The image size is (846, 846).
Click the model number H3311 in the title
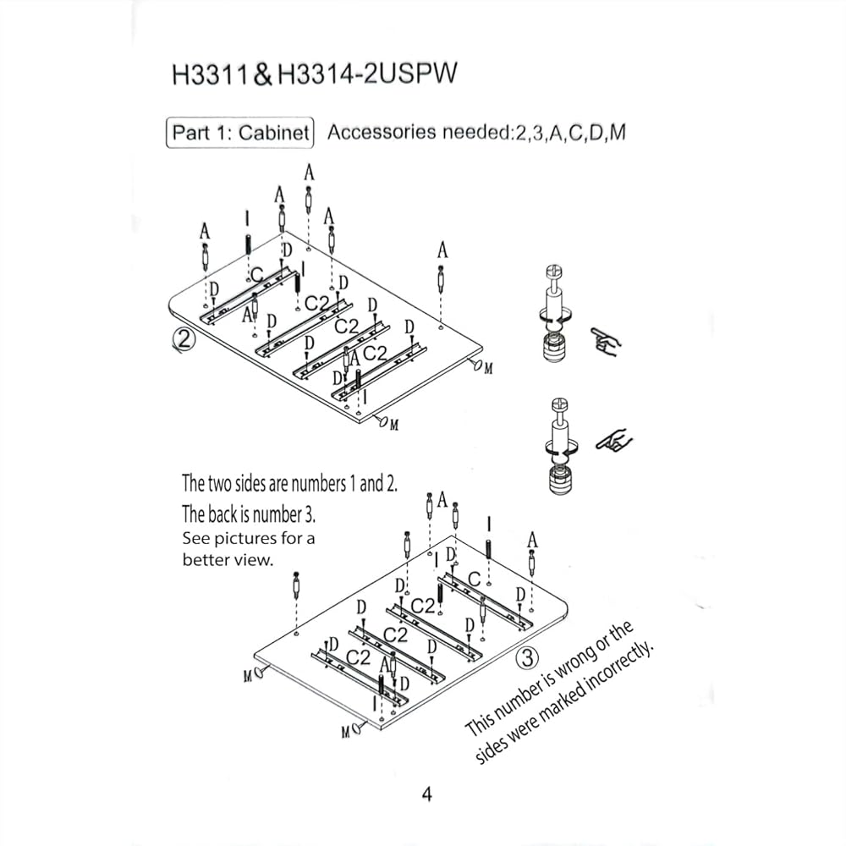(x=210, y=74)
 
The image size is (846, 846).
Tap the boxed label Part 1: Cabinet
(x=240, y=133)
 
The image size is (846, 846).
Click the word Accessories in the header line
(x=382, y=132)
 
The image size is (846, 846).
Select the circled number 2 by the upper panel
(x=184, y=339)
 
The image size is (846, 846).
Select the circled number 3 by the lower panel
(x=527, y=657)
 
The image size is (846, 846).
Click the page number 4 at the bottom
(x=426, y=794)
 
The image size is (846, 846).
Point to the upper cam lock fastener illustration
(x=556, y=314)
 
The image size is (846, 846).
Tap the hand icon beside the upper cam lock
(x=607, y=341)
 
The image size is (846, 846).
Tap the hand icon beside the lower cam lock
(x=614, y=442)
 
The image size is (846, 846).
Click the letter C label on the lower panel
(x=475, y=580)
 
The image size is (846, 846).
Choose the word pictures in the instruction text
(x=246, y=538)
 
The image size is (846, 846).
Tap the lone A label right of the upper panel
(x=442, y=250)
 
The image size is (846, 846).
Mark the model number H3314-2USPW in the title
(x=367, y=74)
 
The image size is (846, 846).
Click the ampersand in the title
(x=262, y=74)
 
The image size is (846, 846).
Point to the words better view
(x=228, y=559)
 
